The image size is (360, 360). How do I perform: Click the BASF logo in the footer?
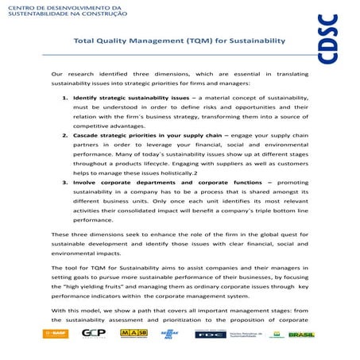[x=56, y=334]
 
